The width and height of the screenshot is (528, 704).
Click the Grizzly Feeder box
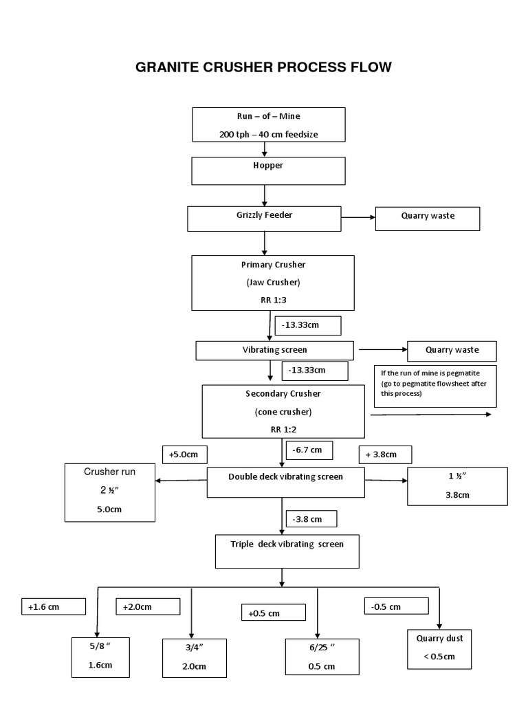pos(265,219)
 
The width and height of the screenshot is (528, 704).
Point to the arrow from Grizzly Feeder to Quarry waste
pos(357,219)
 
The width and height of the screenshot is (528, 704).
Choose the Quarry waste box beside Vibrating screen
pos(452,350)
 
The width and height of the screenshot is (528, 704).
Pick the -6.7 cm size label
pos(307,450)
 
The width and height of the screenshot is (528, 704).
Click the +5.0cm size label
pos(184,454)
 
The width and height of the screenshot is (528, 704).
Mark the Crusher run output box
pos(110,492)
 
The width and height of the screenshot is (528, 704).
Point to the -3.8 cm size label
pos(307,519)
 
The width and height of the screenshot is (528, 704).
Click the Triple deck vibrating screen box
pos(287,550)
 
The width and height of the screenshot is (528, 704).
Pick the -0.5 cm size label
pos(396,606)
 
